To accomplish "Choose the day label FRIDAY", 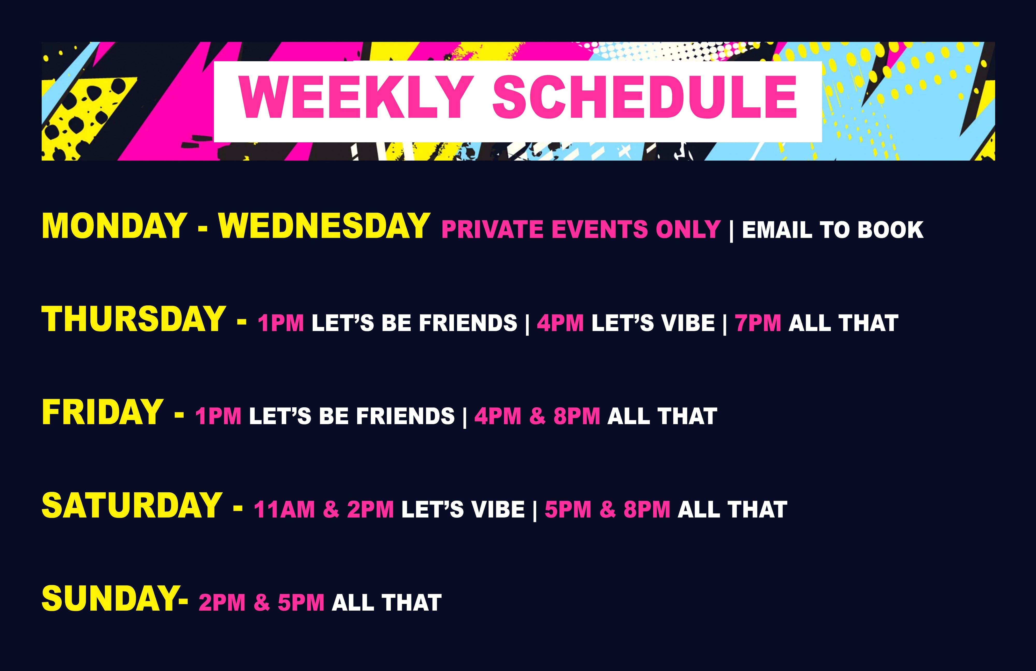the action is (x=102, y=412).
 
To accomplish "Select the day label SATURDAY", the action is (x=132, y=505).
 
